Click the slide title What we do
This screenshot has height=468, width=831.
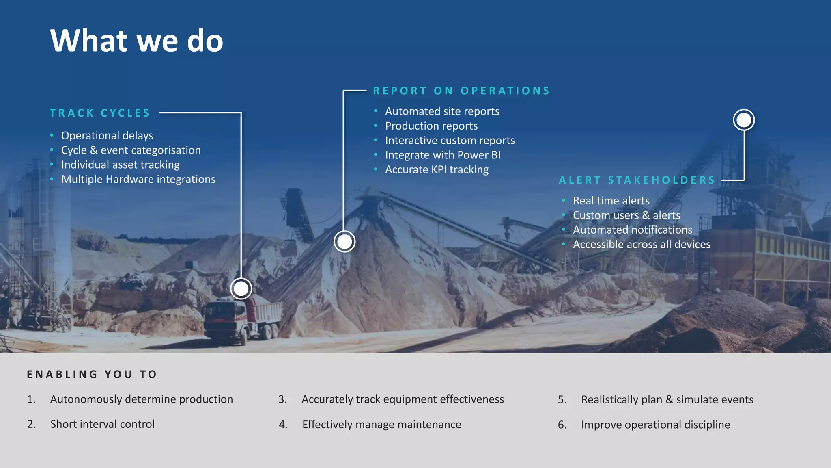[x=136, y=41]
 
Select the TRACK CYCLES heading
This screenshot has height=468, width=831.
[x=100, y=113]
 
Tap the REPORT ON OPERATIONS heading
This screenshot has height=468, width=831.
[x=461, y=91]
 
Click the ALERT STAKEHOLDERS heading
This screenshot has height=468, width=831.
[x=637, y=180]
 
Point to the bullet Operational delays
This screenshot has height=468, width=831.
[x=107, y=135]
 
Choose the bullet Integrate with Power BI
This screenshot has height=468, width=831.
[x=443, y=155]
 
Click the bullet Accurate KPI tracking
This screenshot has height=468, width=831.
[x=437, y=169]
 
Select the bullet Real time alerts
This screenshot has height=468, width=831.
[x=611, y=201]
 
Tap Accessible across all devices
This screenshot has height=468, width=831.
[x=642, y=244]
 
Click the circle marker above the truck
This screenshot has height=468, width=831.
[x=241, y=289]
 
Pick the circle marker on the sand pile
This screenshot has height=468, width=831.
[x=344, y=242]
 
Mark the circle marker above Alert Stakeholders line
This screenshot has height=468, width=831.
[x=744, y=120]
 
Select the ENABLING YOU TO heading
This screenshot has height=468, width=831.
[x=92, y=374]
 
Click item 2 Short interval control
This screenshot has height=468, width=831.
[x=102, y=424]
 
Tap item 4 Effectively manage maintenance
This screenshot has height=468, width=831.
[x=381, y=425]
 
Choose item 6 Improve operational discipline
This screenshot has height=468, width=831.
[x=655, y=425]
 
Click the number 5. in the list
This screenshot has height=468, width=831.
[x=562, y=399]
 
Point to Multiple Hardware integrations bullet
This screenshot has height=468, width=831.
[x=138, y=179]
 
